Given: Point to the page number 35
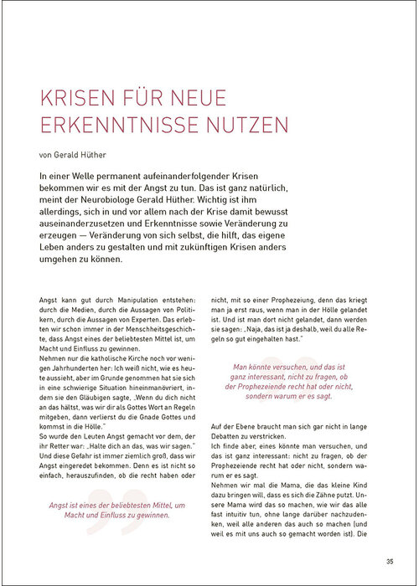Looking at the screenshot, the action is (x=389, y=560).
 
